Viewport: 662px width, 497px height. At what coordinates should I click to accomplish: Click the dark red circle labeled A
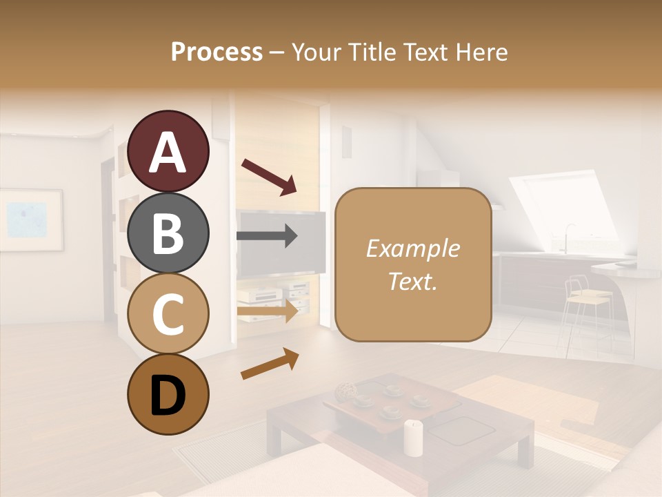(168, 152)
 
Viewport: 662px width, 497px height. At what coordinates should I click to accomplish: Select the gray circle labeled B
(168, 233)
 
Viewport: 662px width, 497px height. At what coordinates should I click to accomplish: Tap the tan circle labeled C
(168, 313)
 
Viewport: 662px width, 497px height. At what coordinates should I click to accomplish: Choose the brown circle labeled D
(168, 395)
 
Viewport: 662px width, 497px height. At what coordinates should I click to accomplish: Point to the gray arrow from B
(268, 235)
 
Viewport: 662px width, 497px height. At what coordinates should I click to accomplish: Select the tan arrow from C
(268, 311)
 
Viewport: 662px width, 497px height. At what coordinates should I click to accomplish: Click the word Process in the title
(217, 52)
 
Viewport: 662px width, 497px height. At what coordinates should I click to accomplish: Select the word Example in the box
(413, 249)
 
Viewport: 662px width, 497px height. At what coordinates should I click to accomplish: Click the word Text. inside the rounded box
(413, 282)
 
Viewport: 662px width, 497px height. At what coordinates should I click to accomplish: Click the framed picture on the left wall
(30, 220)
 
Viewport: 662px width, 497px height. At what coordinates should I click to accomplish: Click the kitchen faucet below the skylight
(568, 236)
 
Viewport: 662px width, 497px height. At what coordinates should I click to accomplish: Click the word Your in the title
(318, 52)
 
